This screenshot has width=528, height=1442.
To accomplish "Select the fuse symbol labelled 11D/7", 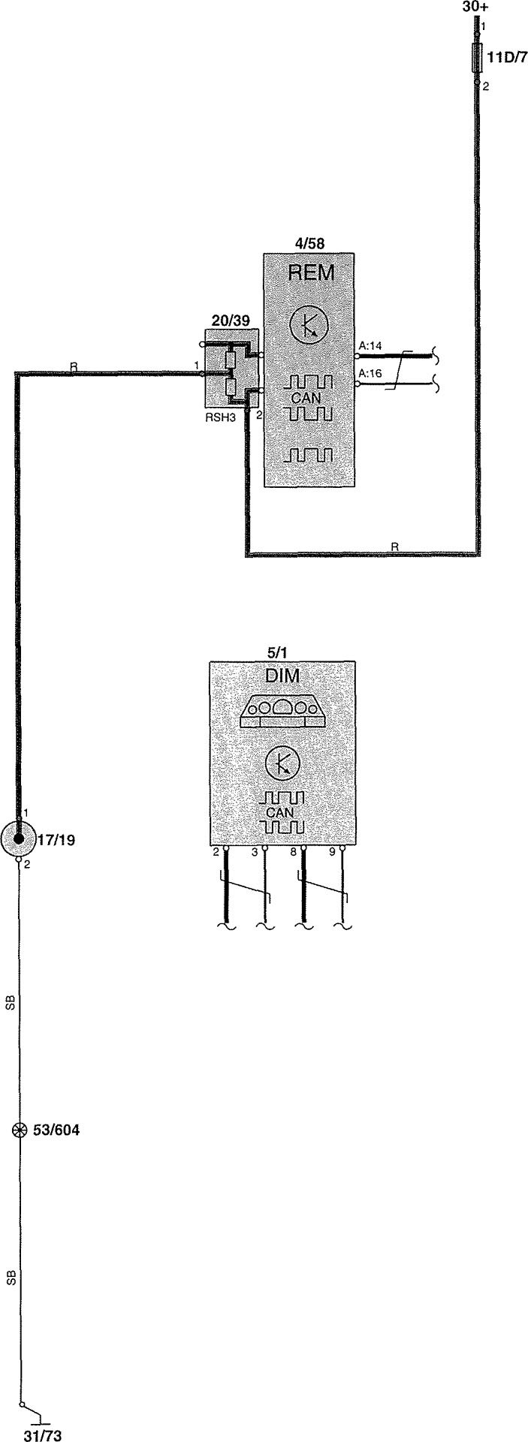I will coord(477,58).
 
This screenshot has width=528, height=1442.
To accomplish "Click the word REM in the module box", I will coord(311,273).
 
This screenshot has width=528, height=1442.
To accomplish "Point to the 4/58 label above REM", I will coord(309,243).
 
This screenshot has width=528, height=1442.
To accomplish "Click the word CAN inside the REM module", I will coord(306,399).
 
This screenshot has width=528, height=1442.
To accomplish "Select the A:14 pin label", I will coord(371,346).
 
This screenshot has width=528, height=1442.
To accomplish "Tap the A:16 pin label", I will coord(371,373).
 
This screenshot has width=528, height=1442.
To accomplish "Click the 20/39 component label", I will coord(230,320).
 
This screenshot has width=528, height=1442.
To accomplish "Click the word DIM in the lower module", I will coord(282,676).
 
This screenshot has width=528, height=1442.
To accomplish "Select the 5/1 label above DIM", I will coord(277,652).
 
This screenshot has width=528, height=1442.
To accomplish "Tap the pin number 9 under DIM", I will coord(333,852).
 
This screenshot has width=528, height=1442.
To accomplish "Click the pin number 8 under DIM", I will coord(294,852).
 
